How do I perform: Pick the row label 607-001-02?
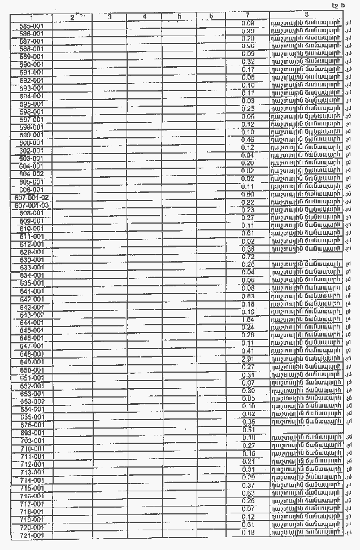pos(32,198)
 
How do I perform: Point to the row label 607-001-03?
pos(32,206)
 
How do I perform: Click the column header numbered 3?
pos(109,17)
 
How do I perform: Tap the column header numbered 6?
pos(210,17)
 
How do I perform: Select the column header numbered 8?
pos(306,14)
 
